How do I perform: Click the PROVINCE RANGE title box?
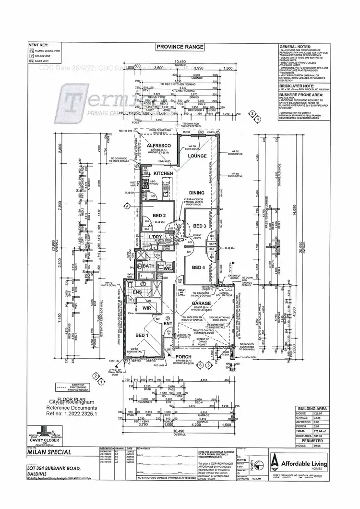tap(180, 47)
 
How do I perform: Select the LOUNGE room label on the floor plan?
tap(197, 156)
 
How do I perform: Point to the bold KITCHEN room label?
tap(163, 173)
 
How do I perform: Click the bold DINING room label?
tap(196, 193)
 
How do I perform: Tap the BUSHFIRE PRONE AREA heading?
tap(298, 95)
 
